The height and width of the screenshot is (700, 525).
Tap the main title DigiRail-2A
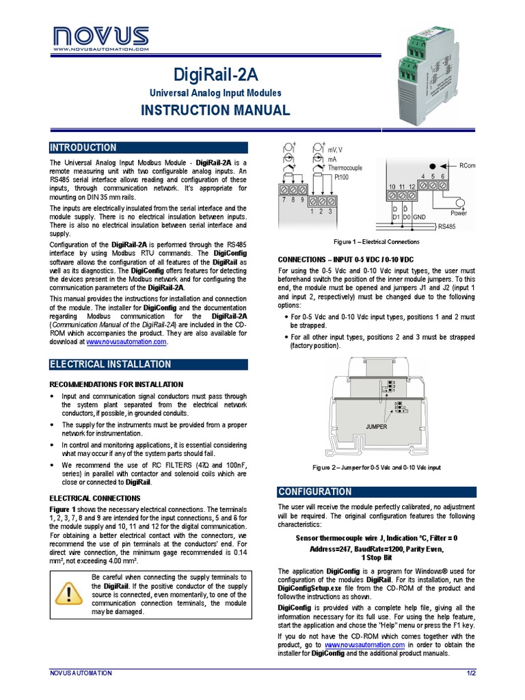pyautogui.click(x=215, y=74)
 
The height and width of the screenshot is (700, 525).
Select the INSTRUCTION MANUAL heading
pyautogui.click(x=215, y=110)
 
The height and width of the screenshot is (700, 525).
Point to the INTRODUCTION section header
pyautogui.click(x=83, y=148)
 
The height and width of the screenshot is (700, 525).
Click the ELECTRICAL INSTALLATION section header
pyautogui.click(x=110, y=364)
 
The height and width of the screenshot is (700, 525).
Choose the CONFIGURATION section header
pyautogui.click(x=315, y=492)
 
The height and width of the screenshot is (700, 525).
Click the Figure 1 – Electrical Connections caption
pyautogui.click(x=376, y=242)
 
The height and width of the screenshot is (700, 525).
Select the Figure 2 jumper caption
pyautogui.click(x=376, y=468)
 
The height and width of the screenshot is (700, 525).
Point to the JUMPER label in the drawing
pyautogui.click(x=377, y=427)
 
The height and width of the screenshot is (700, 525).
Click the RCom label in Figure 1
pyautogui.click(x=468, y=165)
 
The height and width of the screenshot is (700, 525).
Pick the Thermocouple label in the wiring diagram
pyautogui.click(x=345, y=167)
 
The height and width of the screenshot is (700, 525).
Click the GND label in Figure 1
pyautogui.click(x=420, y=217)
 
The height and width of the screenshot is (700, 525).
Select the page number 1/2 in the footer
pyautogui.click(x=470, y=673)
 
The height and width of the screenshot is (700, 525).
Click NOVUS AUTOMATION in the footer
pyautogui.click(x=81, y=673)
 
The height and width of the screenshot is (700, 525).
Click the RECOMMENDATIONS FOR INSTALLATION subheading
pyautogui.click(x=117, y=385)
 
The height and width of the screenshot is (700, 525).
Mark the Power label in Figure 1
pyautogui.click(x=459, y=212)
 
